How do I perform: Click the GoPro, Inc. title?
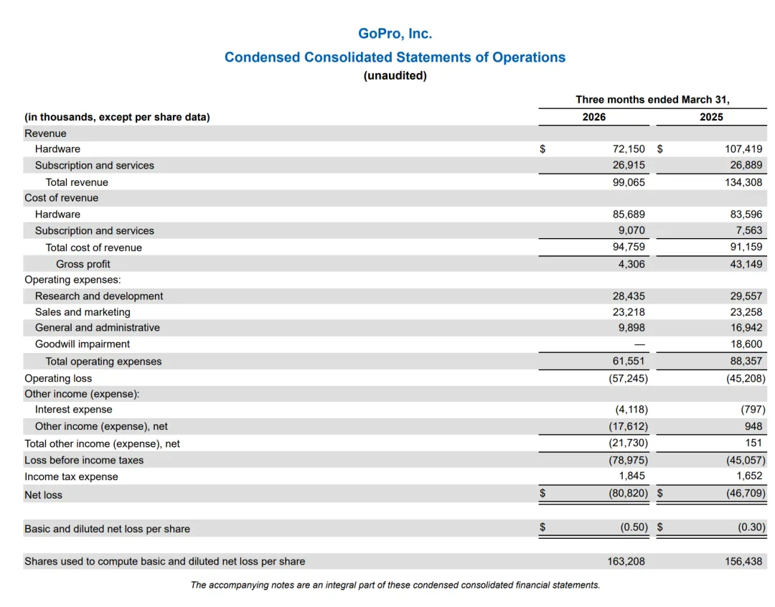[x=395, y=34]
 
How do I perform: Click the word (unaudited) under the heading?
[x=395, y=75]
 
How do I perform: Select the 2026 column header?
[x=593, y=117]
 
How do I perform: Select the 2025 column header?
[x=711, y=117]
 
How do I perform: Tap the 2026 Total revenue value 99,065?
[x=629, y=182]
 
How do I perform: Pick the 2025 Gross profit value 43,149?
[x=746, y=265]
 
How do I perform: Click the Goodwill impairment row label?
[x=83, y=344]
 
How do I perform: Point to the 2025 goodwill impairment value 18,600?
[x=746, y=344]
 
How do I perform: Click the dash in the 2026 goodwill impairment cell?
[x=639, y=344]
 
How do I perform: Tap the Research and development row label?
[x=99, y=296]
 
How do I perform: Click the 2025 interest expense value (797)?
[x=753, y=410]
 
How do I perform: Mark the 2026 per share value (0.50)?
[x=634, y=527]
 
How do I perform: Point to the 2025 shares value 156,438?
[x=743, y=562]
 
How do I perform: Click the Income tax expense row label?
[x=71, y=477]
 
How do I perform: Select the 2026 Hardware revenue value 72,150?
[x=629, y=149]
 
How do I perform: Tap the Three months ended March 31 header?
[x=652, y=100]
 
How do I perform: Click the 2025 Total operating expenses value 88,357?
[x=746, y=362]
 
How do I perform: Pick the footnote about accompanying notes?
[x=395, y=585]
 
